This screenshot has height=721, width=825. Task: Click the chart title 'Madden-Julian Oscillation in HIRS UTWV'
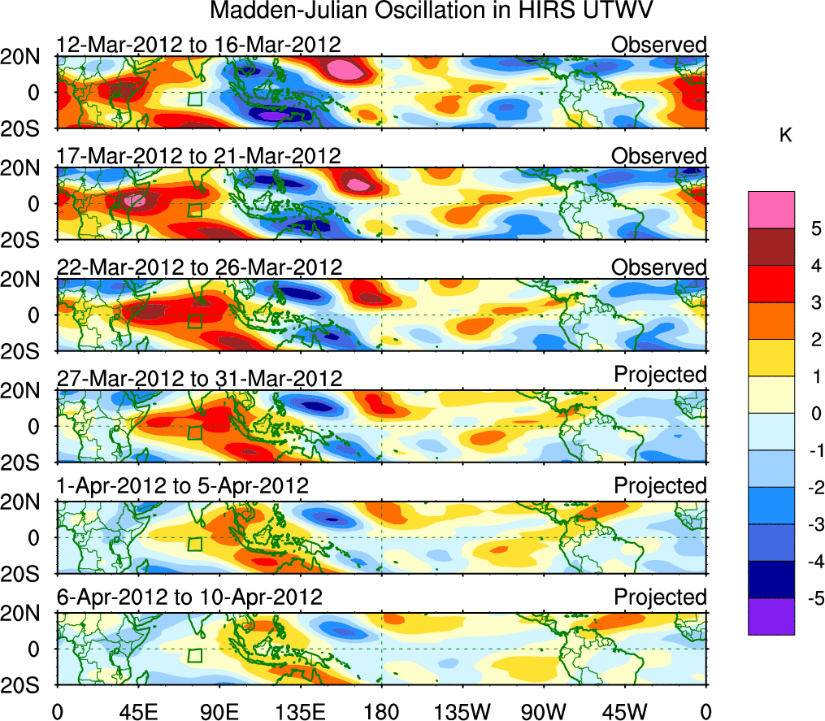click(x=432, y=11)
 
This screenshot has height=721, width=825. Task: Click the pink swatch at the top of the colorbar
click(x=771, y=210)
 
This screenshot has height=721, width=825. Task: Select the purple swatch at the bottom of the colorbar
click(x=771, y=616)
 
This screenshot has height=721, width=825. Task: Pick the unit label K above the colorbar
click(x=786, y=136)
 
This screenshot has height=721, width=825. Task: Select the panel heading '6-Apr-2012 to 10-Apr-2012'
click(x=189, y=597)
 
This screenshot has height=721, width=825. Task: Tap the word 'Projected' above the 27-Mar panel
click(x=660, y=375)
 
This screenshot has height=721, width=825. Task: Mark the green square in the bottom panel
click(x=194, y=655)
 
